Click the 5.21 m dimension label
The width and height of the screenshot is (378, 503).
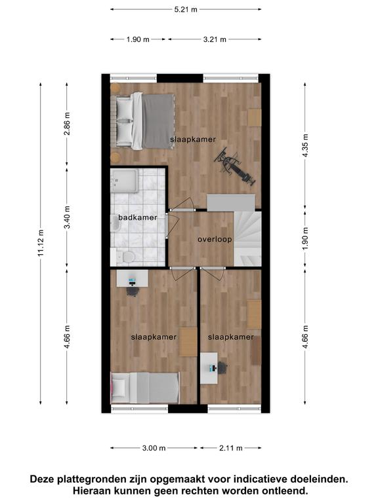tap(186, 9)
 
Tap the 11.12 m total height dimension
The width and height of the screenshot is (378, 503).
tap(41, 243)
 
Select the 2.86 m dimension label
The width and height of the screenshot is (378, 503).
tap(67, 124)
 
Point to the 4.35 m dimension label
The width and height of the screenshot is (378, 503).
tap(305, 145)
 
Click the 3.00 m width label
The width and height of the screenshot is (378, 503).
tap(154, 448)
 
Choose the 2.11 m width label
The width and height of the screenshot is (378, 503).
tap(231, 448)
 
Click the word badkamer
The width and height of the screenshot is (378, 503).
tap(138, 217)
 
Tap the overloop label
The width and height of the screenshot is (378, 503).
tap(215, 239)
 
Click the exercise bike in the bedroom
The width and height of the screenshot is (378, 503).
tap(236, 166)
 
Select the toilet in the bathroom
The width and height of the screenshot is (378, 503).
tap(126, 257)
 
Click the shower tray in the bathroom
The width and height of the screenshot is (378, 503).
tap(124, 181)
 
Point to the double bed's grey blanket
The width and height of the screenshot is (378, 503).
tap(158, 121)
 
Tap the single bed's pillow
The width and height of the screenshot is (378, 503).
tap(119, 387)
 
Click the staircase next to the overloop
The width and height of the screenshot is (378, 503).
tap(247, 238)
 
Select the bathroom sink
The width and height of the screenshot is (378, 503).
tap(115, 223)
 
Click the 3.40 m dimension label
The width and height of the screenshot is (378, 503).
tap(67, 217)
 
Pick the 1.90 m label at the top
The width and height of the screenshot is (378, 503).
tap(138, 39)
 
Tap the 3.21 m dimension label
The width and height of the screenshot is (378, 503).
tap(215, 39)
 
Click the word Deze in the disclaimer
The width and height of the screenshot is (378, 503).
tap(42, 479)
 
